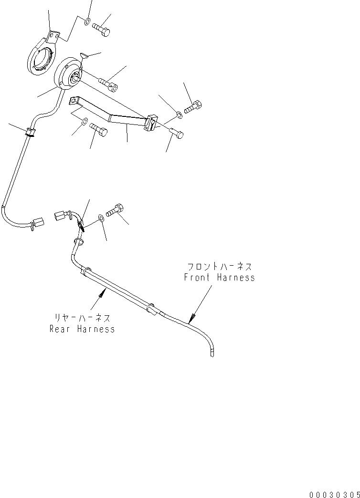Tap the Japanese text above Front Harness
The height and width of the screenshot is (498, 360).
(x=220, y=266)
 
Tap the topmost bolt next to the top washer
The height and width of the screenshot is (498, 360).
(x=101, y=29)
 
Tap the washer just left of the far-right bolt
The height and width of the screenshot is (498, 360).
(x=179, y=114)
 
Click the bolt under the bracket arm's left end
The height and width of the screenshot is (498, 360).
(x=98, y=130)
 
